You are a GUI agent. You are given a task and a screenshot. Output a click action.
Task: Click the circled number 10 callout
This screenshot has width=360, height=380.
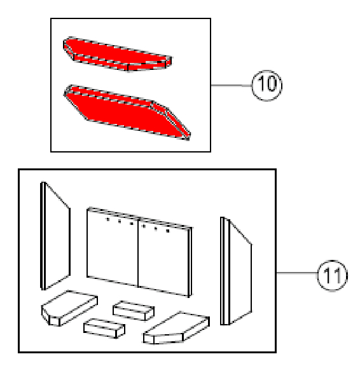pos(267,85)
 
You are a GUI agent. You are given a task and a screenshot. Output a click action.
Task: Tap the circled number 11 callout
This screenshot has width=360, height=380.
pos(333,276)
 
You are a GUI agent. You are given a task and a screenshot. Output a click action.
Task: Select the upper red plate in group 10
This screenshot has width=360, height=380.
pos(117,54)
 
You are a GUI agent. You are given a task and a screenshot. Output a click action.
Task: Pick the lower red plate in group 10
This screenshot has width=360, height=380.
pos(127,112)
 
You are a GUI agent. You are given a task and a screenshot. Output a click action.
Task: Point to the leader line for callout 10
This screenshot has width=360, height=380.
pos(232,85)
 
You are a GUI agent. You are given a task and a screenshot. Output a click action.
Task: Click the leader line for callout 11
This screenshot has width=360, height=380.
pos(297,273)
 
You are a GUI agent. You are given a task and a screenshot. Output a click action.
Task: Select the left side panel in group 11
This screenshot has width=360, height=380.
pos(55,236)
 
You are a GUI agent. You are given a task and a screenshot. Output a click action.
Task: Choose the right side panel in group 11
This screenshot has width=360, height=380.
pos(236,271)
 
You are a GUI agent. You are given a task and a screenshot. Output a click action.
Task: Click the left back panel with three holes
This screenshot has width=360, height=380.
pos(113,247)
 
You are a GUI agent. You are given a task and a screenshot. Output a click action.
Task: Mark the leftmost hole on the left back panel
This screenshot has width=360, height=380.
pos(108,220)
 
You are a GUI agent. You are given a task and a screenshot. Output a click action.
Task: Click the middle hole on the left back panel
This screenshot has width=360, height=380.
pos(120,222)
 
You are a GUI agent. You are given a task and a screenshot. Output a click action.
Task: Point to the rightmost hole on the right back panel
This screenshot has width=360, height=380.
pos(168,231)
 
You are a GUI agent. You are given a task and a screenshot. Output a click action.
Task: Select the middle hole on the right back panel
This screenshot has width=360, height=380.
pos(156,229)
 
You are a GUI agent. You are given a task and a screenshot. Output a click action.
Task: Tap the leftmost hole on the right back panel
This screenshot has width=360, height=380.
pos(144,226)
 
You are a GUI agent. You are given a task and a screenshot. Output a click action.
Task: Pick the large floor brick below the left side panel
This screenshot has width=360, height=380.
pos(69,308)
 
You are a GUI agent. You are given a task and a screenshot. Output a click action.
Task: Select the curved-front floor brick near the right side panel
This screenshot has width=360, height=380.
pos(176,328)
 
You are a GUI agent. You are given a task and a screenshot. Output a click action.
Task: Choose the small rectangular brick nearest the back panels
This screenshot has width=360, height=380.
pos(134,311)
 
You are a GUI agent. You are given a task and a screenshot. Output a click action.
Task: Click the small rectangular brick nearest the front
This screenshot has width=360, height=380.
pos(104,329)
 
